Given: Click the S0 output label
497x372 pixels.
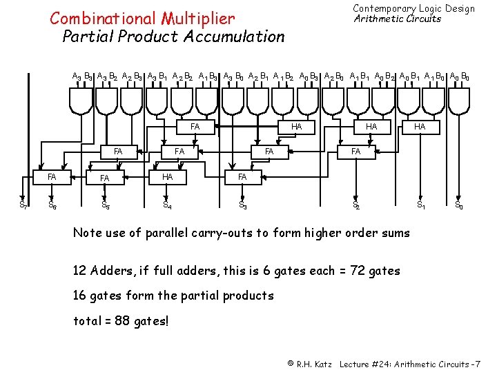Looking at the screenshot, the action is coord(458,205).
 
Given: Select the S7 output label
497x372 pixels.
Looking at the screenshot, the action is coord(23,205).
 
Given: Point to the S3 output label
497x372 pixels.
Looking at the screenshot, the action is coord(243,205).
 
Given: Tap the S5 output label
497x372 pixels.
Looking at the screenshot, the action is coord(106,205).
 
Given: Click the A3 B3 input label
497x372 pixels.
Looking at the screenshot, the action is coord(84,77).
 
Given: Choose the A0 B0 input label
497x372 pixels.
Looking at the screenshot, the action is coord(460,77).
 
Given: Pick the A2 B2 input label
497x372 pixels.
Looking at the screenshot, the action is coord(184,77).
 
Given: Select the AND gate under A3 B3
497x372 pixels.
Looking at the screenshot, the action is coord(81,101).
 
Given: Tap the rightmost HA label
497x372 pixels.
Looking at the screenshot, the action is coord(420,127).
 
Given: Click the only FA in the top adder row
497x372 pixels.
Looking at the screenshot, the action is coord(195,127).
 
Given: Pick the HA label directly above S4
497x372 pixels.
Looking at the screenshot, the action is coord(166,177).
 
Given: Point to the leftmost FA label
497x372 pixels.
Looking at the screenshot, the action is coord(52,177).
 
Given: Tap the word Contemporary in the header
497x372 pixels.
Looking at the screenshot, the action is coord(385,8).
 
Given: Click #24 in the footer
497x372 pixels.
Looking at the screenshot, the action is coord(382,364).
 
